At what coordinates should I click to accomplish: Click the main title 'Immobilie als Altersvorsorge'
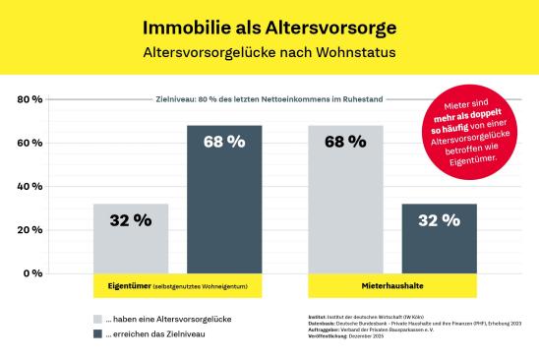[x=269, y=24]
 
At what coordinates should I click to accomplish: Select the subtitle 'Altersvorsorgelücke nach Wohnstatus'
[x=269, y=51]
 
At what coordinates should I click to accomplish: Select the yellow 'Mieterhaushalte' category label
[x=392, y=285]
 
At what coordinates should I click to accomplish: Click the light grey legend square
[x=97, y=320]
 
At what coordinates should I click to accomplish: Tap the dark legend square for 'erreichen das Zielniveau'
[x=97, y=334]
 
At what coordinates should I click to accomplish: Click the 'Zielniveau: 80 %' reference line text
[x=269, y=99]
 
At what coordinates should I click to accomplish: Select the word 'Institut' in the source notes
[x=318, y=316]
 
